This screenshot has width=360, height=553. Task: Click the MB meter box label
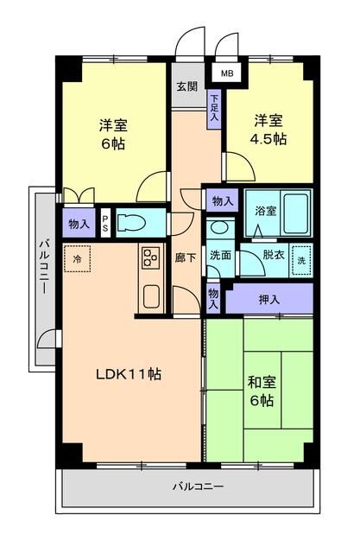tap(227, 73)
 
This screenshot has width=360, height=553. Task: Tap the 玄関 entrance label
tap(187, 86)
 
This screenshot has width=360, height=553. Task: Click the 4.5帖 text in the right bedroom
tap(268, 139)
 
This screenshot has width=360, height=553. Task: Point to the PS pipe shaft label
tap(105, 223)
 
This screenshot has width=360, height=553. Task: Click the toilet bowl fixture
tap(132, 223)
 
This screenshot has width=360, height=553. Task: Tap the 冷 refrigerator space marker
tap(77, 259)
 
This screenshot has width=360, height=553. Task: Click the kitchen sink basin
tap(152, 296)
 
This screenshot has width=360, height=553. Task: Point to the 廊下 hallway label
tap(186, 257)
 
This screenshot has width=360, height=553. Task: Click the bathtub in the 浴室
tap(296, 213)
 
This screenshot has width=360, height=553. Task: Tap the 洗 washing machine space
tap(301, 261)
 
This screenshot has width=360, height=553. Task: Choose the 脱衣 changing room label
tap(274, 255)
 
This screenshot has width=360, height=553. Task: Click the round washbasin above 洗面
tap(220, 226)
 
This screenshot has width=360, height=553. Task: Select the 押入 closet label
tap(269, 300)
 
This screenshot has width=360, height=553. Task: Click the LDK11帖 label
tap(129, 374)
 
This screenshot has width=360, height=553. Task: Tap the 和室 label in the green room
tap(262, 382)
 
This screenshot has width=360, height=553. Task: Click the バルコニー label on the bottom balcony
tap(198, 487)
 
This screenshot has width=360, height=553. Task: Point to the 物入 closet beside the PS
tap(79, 224)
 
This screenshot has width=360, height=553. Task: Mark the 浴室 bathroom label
tap(266, 211)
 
